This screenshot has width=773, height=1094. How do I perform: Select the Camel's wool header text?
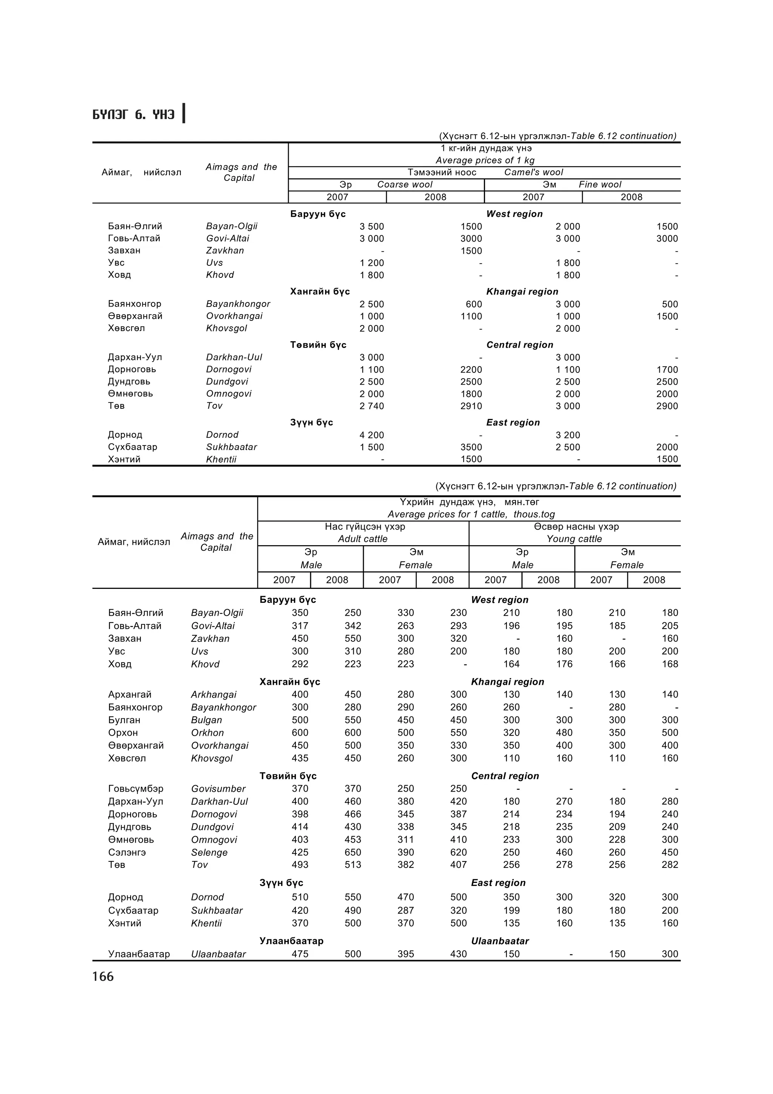(533, 173)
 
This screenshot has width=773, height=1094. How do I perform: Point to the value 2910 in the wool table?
(471, 406)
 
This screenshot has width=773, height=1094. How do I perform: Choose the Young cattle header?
(574, 539)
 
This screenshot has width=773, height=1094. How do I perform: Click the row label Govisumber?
(218, 789)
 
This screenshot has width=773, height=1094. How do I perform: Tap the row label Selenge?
(209, 852)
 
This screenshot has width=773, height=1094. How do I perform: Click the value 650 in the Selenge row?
(353, 852)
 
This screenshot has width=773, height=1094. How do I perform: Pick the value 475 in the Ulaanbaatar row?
(300, 954)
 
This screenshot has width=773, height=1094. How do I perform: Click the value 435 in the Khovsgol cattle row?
(300, 758)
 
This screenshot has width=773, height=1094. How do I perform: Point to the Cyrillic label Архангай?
(129, 695)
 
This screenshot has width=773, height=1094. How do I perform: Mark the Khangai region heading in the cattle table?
(507, 682)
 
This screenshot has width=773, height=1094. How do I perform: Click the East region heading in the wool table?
(513, 423)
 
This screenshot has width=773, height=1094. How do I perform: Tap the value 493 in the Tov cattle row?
(300, 864)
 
